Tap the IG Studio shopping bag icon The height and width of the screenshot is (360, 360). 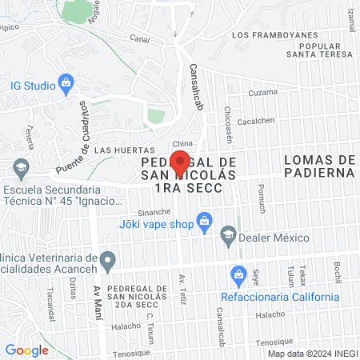66,82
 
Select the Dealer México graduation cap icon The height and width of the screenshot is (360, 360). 228,233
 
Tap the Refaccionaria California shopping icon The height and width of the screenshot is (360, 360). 238,275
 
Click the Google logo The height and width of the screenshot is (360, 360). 27,350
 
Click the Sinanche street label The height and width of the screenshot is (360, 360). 154,212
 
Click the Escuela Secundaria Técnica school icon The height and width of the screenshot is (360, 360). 21,168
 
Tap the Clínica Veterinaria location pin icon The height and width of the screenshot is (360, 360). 111,258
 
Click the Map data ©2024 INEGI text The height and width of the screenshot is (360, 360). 310,353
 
